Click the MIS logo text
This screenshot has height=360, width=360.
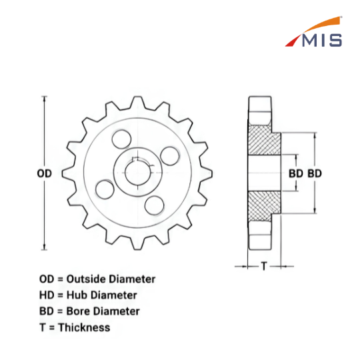coord(322,40)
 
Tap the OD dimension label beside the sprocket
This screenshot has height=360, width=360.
coord(44,173)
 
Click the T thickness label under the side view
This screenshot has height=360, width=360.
coord(264,266)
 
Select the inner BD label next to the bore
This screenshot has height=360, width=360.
coord(296,173)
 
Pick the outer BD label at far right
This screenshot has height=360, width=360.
coord(315,173)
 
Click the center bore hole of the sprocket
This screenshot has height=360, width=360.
coord(138,173)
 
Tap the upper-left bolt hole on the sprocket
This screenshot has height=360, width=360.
coord(121,139)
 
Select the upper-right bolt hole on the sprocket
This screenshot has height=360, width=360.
coord(170,156)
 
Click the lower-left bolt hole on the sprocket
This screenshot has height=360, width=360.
coord(105,189)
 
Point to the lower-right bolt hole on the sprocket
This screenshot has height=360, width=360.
coord(155,205)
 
